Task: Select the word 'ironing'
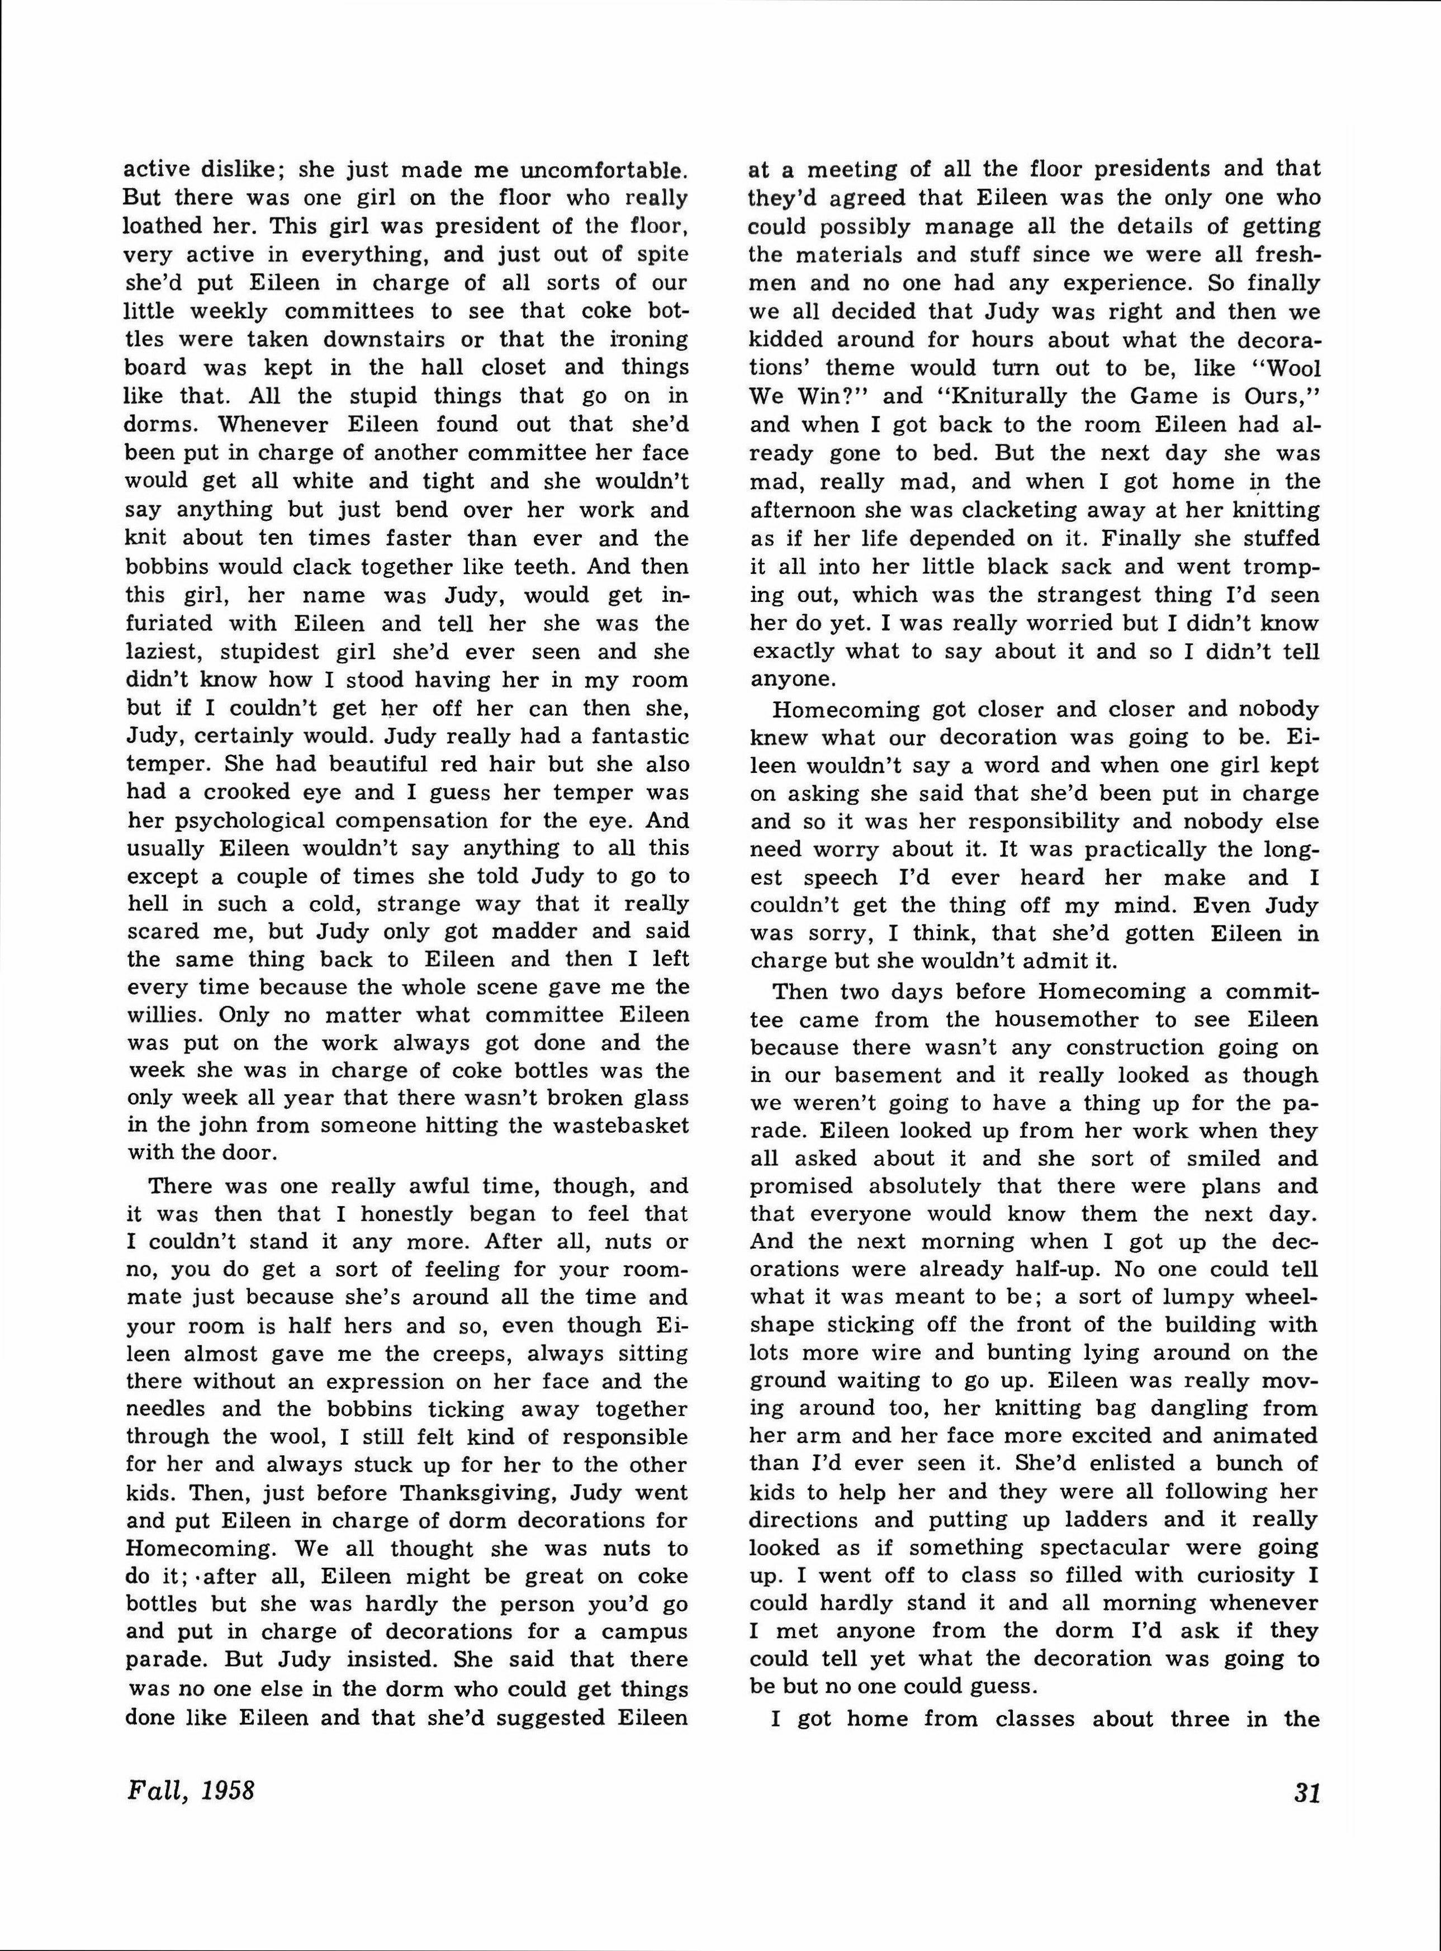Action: tap(646, 339)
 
